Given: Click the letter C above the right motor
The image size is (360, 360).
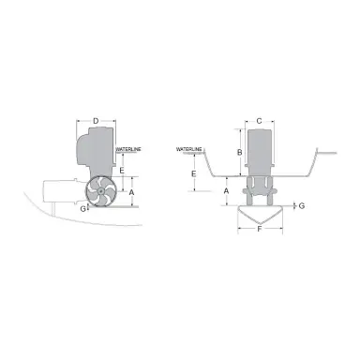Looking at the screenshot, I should (x=259, y=120).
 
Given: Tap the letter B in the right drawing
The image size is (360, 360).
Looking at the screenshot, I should (x=239, y=153).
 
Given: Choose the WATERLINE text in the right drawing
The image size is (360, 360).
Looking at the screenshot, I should (x=190, y=149).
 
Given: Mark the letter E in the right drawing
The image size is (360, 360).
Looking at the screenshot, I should (x=192, y=172).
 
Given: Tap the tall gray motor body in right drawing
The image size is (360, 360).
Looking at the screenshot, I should (x=260, y=155).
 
